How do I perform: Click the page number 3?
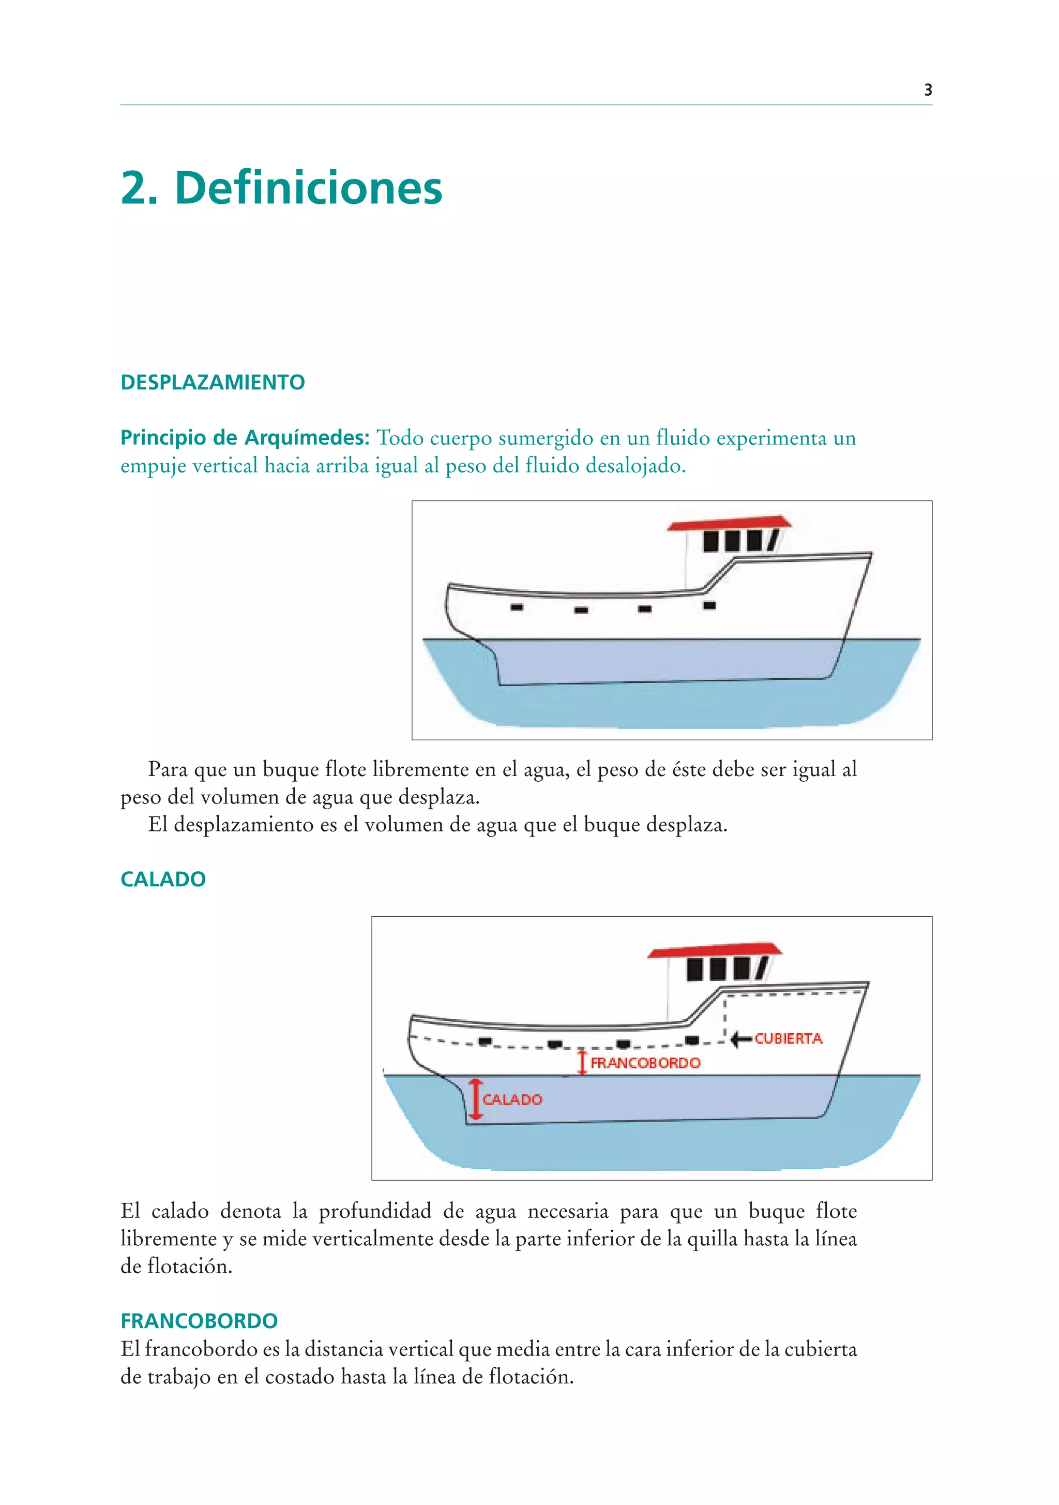click(927, 91)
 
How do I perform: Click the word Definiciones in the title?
click(308, 188)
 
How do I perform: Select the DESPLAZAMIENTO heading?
click(213, 382)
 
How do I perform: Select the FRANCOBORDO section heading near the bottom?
click(199, 1320)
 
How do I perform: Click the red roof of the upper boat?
click(729, 523)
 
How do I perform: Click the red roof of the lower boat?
click(714, 951)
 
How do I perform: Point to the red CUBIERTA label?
click(789, 1038)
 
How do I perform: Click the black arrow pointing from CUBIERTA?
click(741, 1039)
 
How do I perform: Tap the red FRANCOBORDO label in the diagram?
click(645, 1063)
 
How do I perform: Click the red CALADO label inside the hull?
click(512, 1099)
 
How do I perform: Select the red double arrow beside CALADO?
click(476, 1099)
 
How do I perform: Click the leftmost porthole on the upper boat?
click(517, 607)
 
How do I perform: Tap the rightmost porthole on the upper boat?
click(709, 605)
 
